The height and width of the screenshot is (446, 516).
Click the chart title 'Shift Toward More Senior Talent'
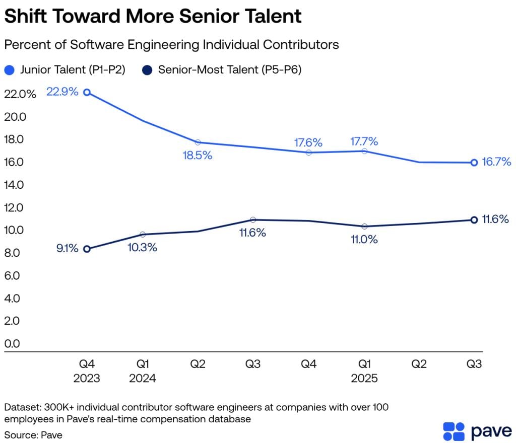[153, 17]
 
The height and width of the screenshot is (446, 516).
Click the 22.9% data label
[62, 92]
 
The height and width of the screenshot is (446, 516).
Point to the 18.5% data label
[197, 156]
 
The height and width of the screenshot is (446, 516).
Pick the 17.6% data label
[308, 142]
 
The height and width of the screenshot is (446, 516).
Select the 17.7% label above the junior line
[364, 141]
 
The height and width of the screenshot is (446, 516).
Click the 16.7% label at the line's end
[496, 162]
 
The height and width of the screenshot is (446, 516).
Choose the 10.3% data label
[142, 247]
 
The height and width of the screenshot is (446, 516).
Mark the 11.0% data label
[364, 240]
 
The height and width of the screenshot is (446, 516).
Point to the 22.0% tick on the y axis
[20, 94]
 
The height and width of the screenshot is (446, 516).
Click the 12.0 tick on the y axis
[14, 207]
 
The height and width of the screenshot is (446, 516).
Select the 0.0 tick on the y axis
[13, 344]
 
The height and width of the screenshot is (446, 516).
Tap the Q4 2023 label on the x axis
[87, 371]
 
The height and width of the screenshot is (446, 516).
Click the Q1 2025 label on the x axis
[364, 371]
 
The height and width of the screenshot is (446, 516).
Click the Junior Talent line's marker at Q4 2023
[87, 92]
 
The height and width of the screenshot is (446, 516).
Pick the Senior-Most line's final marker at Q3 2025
[474, 219]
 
